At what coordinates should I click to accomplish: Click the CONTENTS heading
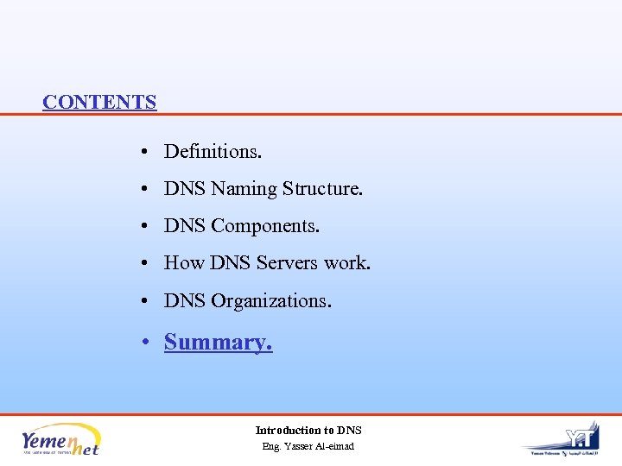click(99, 102)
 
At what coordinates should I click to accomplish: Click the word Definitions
click(213, 152)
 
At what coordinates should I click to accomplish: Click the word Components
click(265, 226)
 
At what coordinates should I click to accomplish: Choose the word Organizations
click(271, 301)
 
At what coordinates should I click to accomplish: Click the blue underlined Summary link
click(218, 343)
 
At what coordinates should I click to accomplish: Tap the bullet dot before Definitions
click(149, 153)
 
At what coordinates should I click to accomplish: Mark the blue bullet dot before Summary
click(149, 343)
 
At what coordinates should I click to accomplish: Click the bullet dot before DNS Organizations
click(149, 302)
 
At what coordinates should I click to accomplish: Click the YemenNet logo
click(60, 438)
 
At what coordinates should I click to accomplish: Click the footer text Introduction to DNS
click(308, 430)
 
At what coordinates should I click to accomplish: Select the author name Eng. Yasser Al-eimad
click(308, 446)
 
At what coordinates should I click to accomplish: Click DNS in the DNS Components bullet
click(185, 226)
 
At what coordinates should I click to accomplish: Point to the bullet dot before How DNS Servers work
click(149, 264)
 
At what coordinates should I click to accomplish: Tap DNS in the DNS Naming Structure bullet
click(185, 189)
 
